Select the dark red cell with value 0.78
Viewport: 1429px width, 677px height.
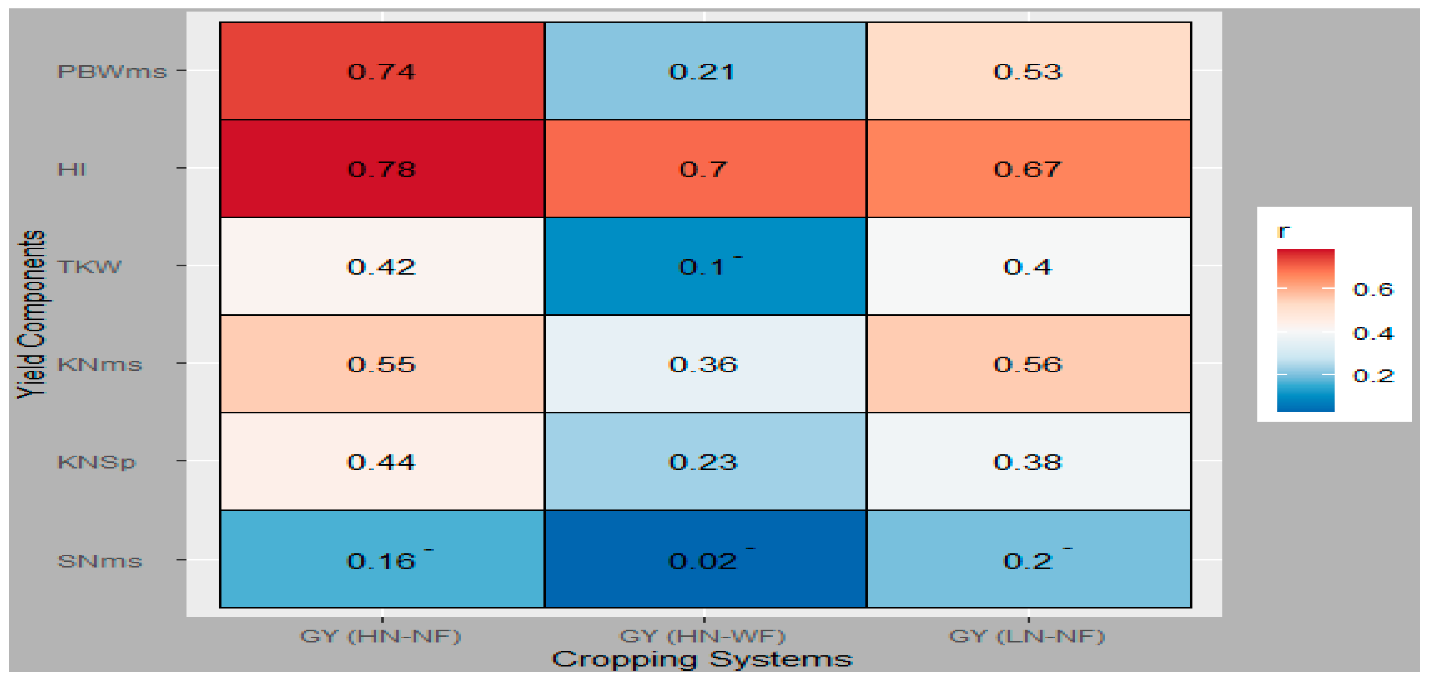pyautogui.click(x=382, y=169)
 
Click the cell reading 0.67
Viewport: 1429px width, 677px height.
pyautogui.click(x=1028, y=169)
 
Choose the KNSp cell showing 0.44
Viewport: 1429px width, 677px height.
pyautogui.click(x=382, y=461)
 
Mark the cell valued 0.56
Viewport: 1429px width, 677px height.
pyautogui.click(x=1028, y=364)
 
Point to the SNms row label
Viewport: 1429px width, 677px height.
pyautogui.click(x=100, y=561)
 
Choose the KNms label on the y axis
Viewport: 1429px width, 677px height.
pyautogui.click(x=100, y=364)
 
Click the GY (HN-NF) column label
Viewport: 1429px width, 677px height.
pyautogui.click(x=381, y=635)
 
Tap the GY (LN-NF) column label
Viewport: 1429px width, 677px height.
pyautogui.click(x=1027, y=635)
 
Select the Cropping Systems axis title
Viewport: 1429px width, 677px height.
pyautogui.click(x=702, y=659)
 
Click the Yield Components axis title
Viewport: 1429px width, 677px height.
pyautogui.click(x=31, y=314)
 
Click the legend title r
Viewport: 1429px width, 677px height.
pyautogui.click(x=1283, y=231)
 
